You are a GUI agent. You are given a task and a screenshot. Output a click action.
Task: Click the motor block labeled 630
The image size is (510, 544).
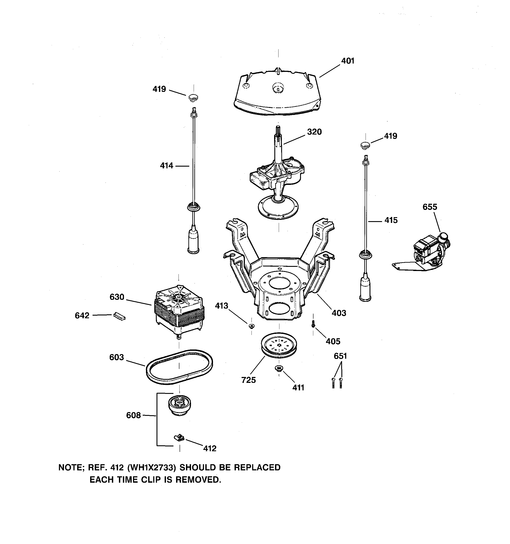(179, 312)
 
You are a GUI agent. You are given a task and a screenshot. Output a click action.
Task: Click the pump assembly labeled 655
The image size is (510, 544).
(430, 252)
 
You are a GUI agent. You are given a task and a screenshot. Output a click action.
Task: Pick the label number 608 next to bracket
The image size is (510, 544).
(133, 415)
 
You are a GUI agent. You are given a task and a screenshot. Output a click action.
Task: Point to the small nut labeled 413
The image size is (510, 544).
(251, 326)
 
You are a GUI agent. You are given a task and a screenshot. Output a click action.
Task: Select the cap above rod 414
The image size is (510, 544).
(193, 97)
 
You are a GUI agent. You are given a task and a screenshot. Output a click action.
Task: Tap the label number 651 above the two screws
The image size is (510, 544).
(340, 356)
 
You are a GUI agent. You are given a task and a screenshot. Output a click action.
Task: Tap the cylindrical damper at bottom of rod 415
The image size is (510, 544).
(365, 289)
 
